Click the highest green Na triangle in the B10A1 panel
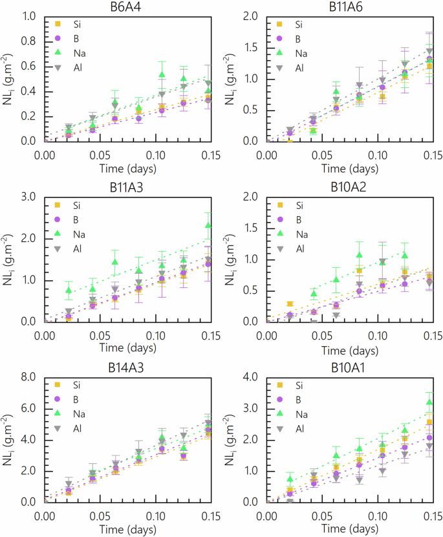[x=428, y=402]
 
